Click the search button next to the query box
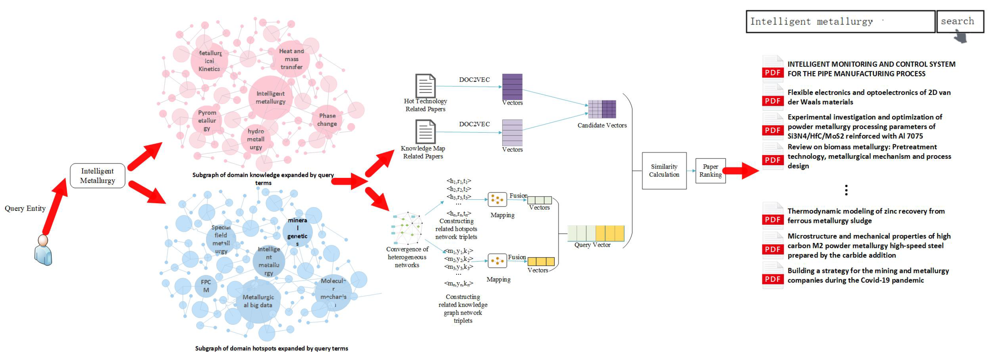click(959, 21)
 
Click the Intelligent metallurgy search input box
click(839, 21)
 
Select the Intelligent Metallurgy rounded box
click(97, 175)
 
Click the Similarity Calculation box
click(664, 171)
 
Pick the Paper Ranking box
click(710, 171)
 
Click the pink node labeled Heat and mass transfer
click(291, 59)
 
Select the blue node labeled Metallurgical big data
click(258, 301)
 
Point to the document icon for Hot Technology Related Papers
click(425, 86)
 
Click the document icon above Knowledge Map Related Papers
click(425, 132)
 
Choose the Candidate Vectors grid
click(602, 109)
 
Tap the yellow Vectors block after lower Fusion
click(541, 262)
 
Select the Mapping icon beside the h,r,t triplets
click(497, 199)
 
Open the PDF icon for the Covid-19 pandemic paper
click(773, 276)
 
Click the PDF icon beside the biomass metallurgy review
click(773, 156)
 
